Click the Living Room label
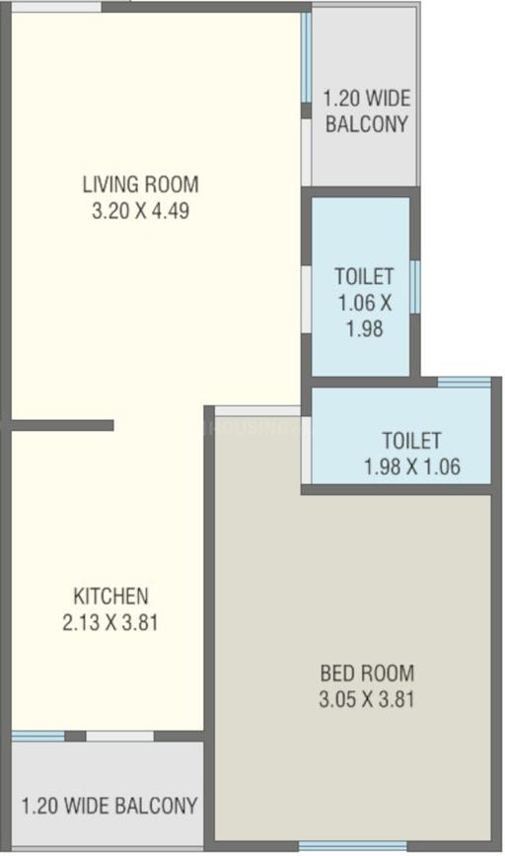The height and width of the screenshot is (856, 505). (140, 183)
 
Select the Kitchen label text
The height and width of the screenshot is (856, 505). (110, 596)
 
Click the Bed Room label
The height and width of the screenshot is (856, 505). (367, 675)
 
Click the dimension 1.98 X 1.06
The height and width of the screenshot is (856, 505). (411, 466)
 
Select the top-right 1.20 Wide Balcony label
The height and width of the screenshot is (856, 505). (366, 111)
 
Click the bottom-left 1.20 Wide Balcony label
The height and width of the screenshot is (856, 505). (108, 805)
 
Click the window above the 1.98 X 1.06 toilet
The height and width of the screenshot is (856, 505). (464, 382)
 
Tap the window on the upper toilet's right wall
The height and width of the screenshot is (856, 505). (415, 286)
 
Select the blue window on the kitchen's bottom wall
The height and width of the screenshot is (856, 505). (37, 736)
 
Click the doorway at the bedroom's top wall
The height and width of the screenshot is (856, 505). (257, 410)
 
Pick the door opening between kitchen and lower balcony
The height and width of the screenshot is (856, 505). (119, 736)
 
